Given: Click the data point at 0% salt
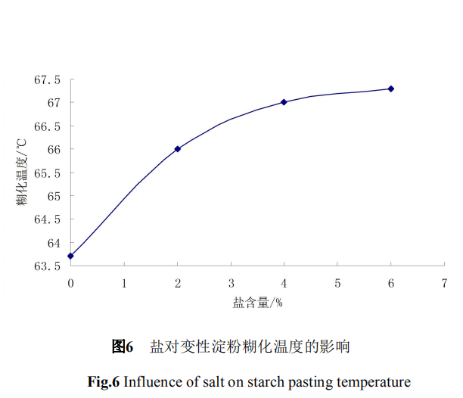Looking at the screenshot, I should tap(70, 256).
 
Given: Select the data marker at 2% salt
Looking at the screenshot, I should tap(178, 149).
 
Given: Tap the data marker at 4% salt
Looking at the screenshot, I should tap(284, 101).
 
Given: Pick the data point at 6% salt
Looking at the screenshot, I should tap(391, 89).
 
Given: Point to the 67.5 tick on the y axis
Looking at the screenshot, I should tap(46, 79).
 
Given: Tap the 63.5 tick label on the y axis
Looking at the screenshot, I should tap(46, 266).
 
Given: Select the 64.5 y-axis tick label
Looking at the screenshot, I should tap(46, 219).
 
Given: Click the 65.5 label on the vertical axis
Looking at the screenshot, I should tap(46, 173).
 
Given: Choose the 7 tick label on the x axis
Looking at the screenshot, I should tap(444, 283).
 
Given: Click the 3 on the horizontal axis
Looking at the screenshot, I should tap(231, 283).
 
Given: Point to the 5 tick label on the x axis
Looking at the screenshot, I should tap(337, 283).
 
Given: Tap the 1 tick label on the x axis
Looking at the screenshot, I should tap(124, 283).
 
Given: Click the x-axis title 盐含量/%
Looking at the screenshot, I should tap(257, 303).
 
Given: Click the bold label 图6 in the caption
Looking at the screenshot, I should tap(123, 347).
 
